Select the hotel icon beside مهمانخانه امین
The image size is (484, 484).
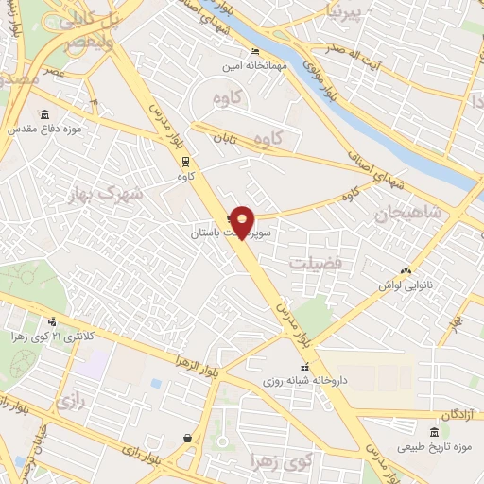coord(252,51)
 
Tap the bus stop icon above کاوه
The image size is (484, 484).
coord(186,161)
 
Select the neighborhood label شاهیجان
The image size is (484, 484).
coord(408,212)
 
